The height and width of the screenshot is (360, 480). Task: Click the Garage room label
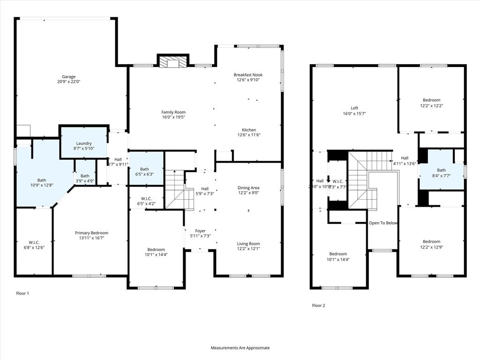point(69,77)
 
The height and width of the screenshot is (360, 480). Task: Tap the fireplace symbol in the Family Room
point(172,62)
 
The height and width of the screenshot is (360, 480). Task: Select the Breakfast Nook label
point(247,75)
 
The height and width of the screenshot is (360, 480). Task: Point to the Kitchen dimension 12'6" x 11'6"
point(248,135)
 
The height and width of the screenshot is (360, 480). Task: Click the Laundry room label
point(84,143)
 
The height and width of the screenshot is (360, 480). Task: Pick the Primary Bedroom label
point(91,233)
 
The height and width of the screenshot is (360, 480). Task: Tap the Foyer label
point(200,230)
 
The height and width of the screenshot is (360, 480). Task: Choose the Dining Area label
point(248,188)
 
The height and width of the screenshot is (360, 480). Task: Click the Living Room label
point(248,243)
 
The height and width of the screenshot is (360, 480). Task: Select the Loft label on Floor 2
point(354,108)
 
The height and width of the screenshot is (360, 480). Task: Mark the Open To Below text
point(383,223)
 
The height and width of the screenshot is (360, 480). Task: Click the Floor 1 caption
point(22,293)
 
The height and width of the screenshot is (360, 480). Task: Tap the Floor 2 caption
point(318,306)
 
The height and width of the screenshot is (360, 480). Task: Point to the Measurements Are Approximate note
point(240,348)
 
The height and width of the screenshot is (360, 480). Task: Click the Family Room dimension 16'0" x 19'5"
point(173,118)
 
